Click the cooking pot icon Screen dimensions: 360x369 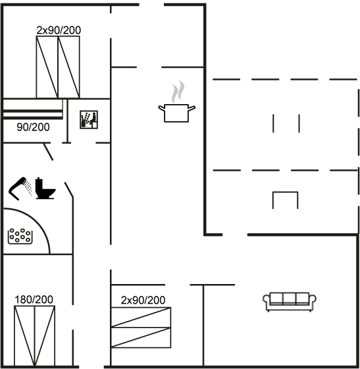(176, 113)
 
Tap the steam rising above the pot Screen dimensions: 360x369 (178, 92)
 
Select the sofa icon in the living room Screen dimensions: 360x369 (290, 302)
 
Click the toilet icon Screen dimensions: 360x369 (45, 188)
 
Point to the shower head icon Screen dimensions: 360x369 (20, 188)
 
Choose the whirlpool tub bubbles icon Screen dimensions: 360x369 (20, 237)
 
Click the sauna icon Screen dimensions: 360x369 (89, 119)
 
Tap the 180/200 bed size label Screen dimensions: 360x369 (34, 300)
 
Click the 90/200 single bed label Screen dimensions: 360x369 (33, 127)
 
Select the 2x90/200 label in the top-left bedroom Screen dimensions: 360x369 (59, 30)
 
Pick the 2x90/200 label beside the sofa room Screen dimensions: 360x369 (143, 300)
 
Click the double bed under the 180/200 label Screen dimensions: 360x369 (34, 336)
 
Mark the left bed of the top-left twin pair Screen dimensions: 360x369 (47, 67)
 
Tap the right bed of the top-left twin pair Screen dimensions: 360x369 (69, 67)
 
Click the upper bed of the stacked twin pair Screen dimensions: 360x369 (141, 317)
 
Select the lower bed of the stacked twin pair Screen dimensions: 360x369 (141, 337)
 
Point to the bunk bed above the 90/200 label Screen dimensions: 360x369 (33, 109)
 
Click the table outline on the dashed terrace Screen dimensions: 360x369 (285, 192)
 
